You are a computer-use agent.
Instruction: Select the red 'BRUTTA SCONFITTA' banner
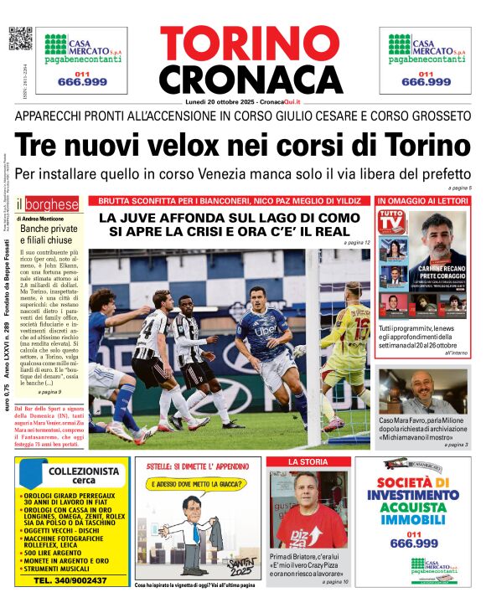pos(230,202)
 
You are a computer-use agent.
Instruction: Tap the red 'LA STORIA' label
pos(308,462)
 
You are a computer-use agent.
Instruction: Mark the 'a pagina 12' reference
pos(356,242)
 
